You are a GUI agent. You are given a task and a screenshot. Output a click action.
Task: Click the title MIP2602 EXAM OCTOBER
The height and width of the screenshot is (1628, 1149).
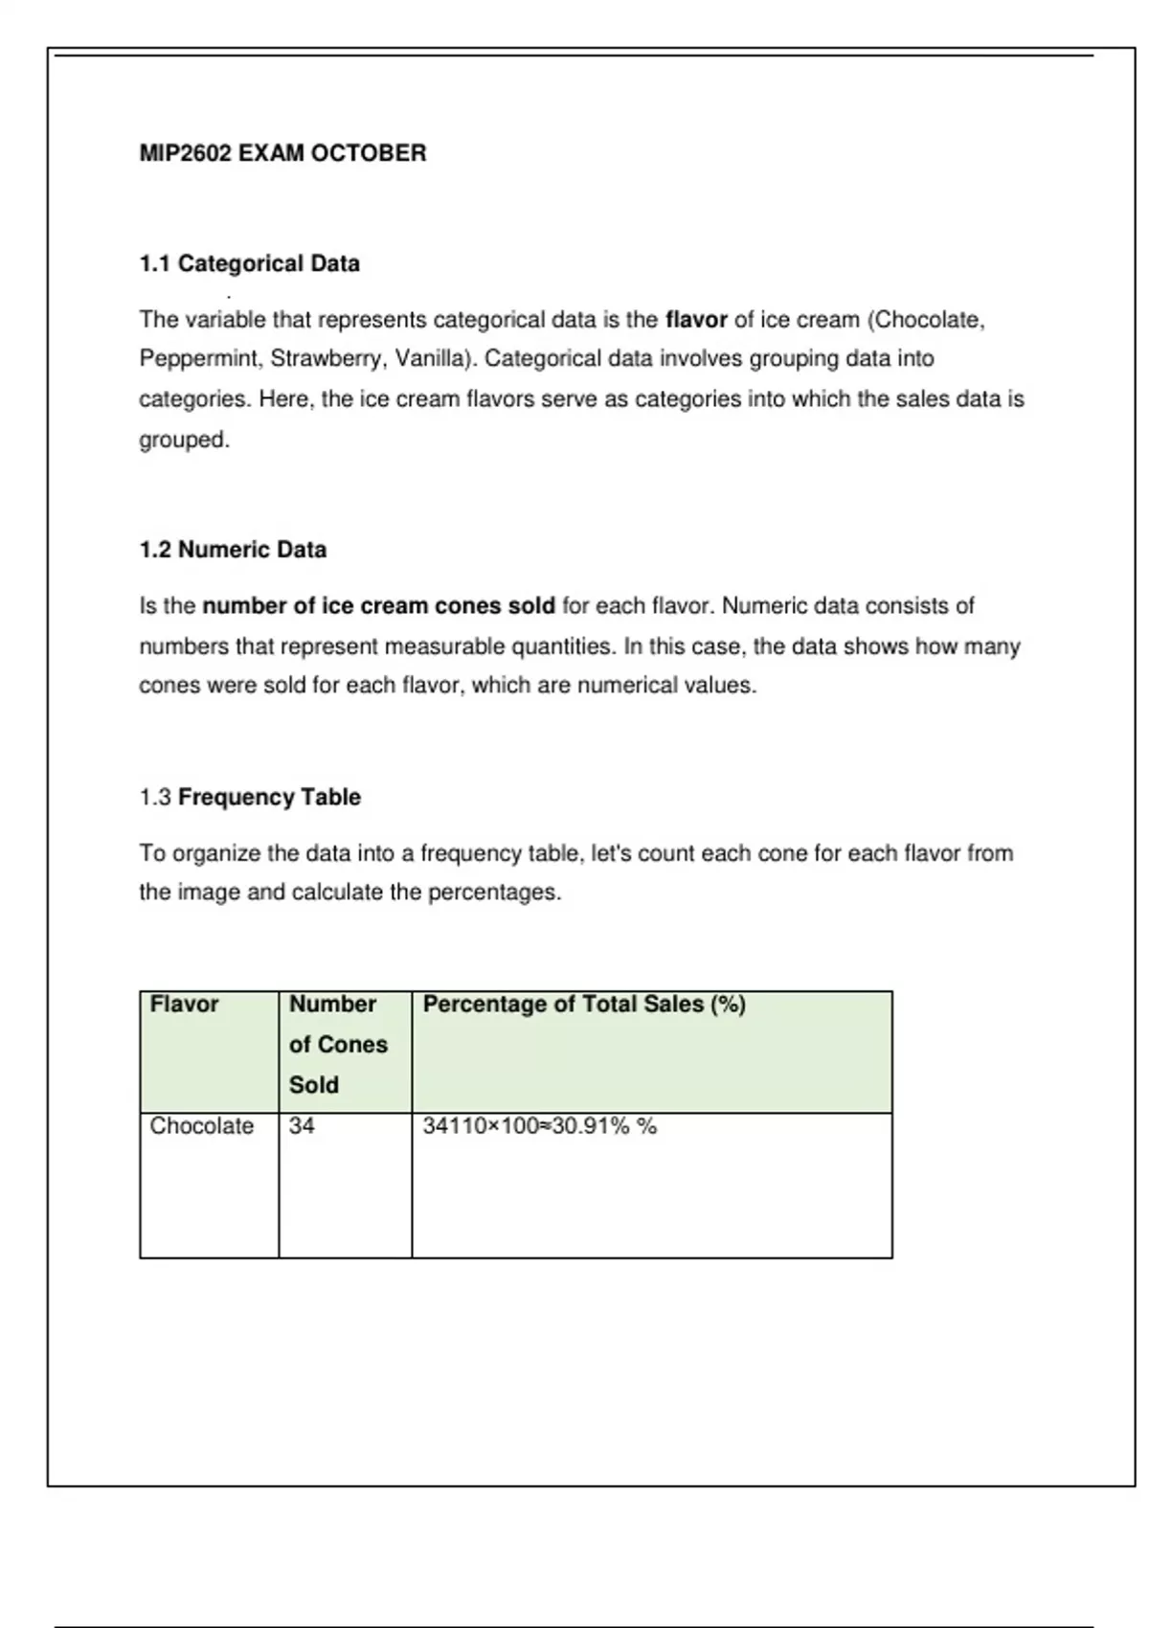(282, 153)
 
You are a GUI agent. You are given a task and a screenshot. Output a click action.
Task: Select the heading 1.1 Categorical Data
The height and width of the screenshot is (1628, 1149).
(249, 263)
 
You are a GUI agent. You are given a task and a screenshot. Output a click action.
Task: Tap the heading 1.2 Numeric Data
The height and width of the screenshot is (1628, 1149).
(233, 550)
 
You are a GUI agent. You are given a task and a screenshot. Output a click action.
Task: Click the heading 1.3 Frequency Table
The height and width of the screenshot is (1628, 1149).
(250, 797)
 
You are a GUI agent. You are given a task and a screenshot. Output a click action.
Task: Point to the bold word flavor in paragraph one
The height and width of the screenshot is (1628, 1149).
(696, 319)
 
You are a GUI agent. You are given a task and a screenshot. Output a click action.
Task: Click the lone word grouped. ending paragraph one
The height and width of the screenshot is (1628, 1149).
(185, 440)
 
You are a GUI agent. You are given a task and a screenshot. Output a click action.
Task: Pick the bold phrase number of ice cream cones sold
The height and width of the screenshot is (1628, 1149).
(378, 606)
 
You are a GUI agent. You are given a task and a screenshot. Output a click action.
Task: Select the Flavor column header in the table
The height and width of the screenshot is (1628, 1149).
(184, 1004)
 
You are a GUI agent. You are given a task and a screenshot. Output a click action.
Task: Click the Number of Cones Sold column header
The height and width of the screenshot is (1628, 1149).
(338, 1044)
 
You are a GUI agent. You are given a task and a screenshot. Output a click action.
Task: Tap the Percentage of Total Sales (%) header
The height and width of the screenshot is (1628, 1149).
(584, 1004)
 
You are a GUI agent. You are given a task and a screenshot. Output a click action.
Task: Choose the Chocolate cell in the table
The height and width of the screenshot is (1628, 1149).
(201, 1126)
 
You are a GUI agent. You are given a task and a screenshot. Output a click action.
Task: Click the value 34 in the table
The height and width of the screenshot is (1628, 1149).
(302, 1126)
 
